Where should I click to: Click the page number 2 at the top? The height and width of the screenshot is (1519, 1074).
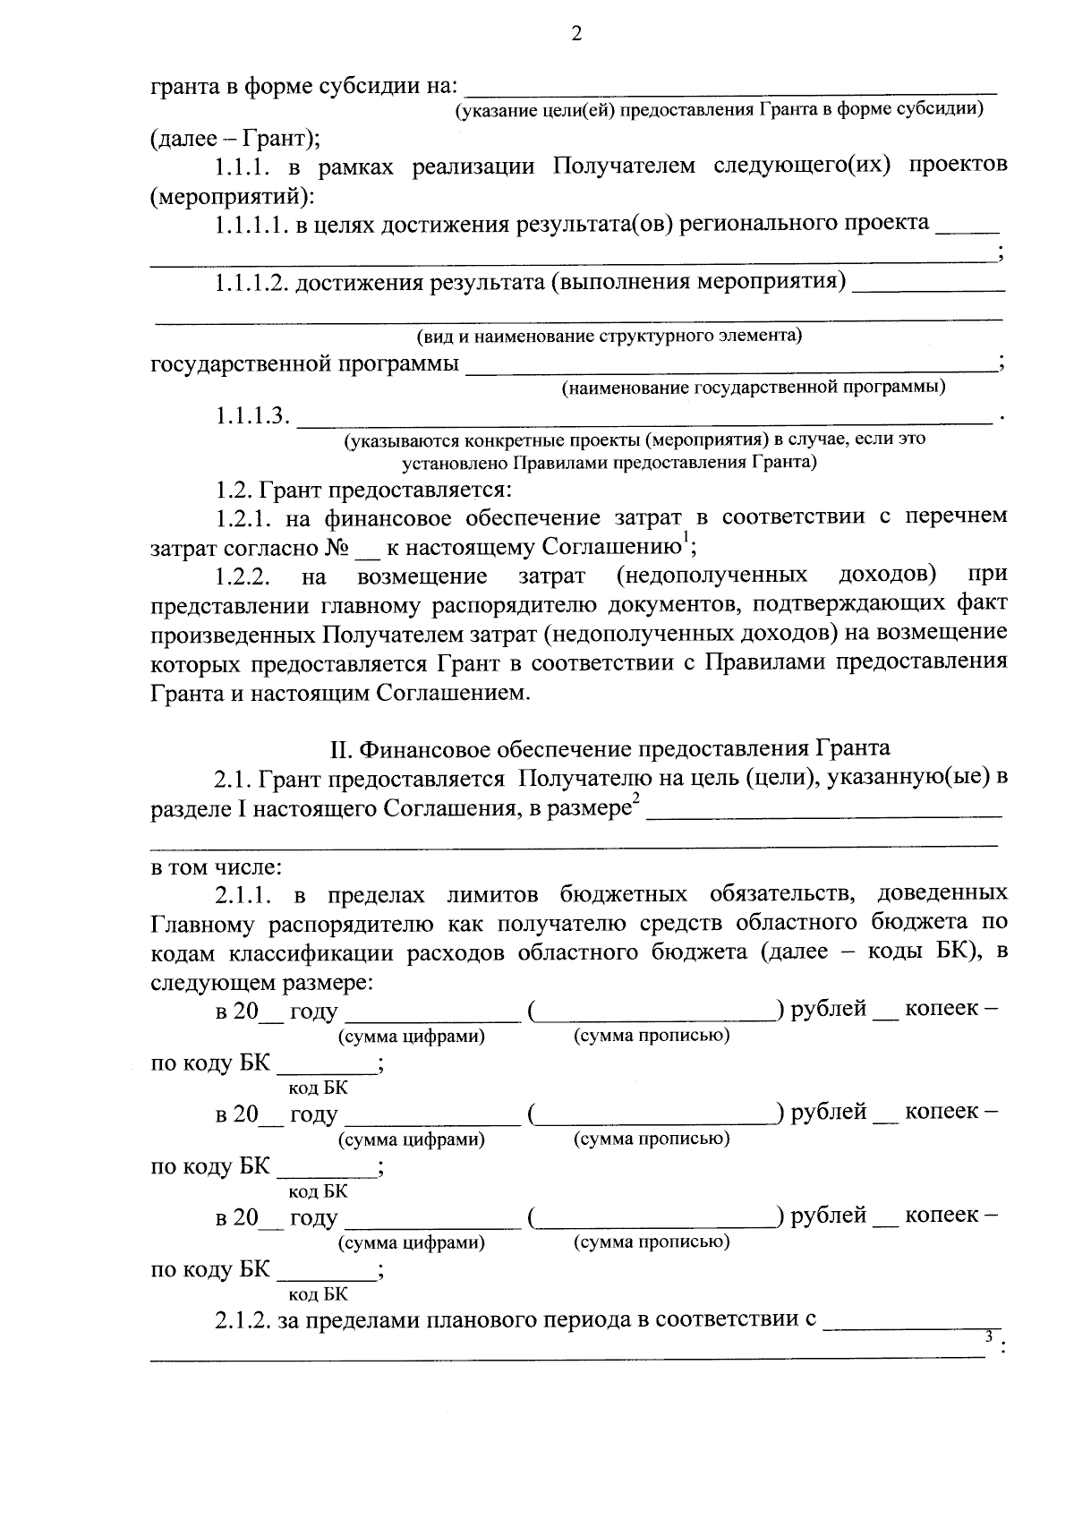point(575,35)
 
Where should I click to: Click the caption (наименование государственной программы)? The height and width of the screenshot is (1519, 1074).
point(753,388)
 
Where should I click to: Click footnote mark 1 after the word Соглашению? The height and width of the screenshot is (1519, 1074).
point(686,537)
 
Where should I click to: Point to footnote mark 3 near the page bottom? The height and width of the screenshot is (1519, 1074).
point(989,1336)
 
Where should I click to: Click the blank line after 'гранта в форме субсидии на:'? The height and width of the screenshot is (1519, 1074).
point(731,89)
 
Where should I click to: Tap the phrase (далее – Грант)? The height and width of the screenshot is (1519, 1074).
point(235,139)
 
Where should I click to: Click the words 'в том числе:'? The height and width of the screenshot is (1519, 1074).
point(216,867)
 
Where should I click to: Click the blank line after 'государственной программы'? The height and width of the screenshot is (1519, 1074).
point(731,365)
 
